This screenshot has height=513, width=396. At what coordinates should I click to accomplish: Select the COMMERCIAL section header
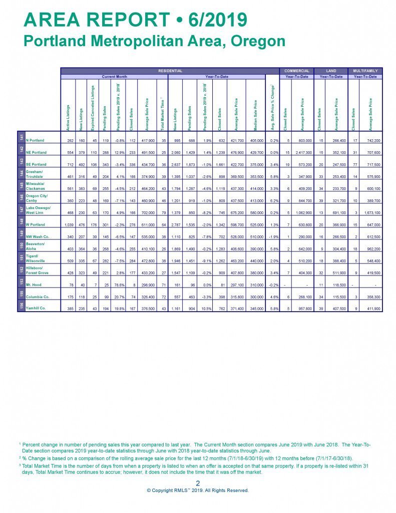[x=297, y=71]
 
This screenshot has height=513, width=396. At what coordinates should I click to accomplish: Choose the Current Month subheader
[x=115, y=77]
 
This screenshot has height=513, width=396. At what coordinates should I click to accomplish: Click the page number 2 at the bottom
[x=198, y=483]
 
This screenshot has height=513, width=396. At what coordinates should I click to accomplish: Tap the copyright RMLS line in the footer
[x=198, y=490]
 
